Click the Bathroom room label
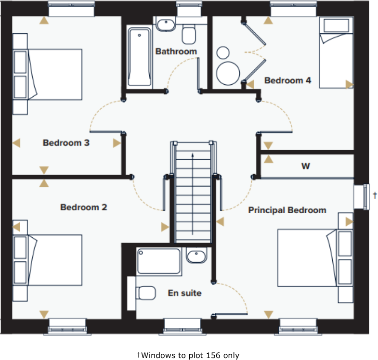coord(176,51)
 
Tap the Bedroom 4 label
coord(287,80)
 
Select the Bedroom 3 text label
coord(66,143)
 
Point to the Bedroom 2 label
coord(83,207)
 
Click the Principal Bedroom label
coord(287,210)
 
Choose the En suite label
coord(184,293)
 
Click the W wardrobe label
coord(305,167)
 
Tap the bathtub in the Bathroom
coord(140,57)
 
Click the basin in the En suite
coord(196,257)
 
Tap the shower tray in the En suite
coord(158,261)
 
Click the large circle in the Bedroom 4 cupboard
coord(228,73)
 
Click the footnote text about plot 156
coord(188,355)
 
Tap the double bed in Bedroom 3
coord(54,74)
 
